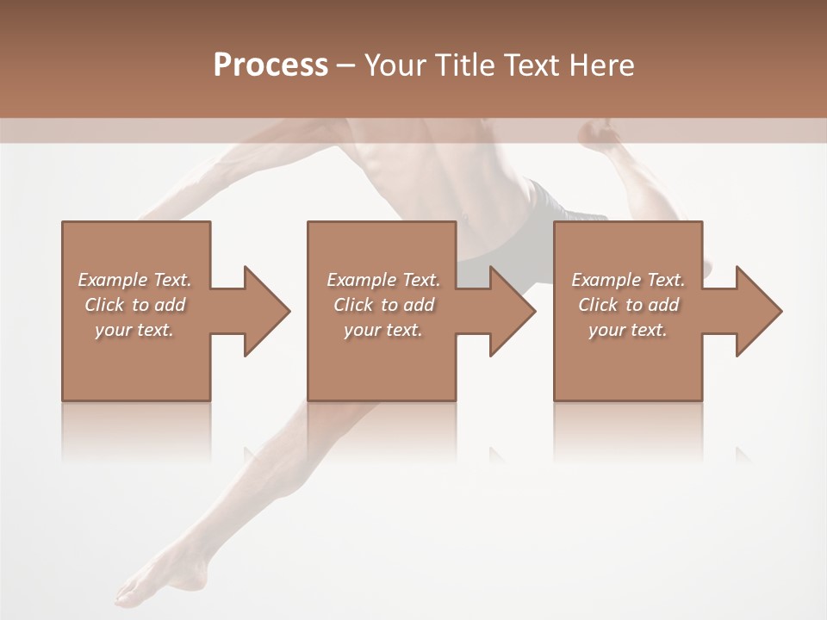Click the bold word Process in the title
[270, 65]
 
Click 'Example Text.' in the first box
[134, 280]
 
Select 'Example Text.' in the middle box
[383, 280]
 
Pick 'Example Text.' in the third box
[628, 280]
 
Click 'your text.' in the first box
[134, 330]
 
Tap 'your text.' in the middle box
[383, 330]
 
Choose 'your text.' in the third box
[628, 330]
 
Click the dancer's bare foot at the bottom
[142, 591]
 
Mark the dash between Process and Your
[346, 66]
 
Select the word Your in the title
[391, 65]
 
